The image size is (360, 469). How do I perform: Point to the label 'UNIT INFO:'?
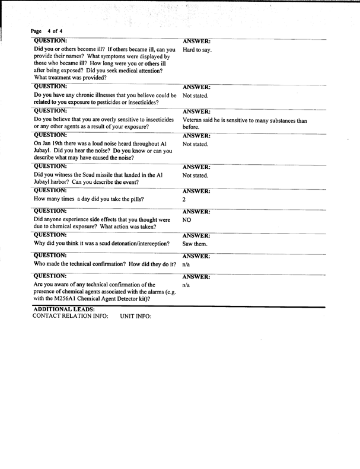coord(136,317)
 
